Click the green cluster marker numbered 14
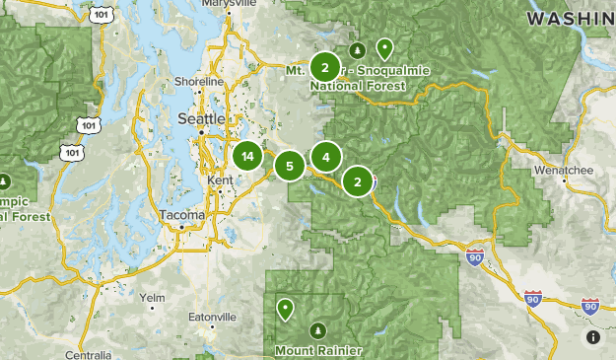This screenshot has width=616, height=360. point(247,156)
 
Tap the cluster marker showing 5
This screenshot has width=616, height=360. point(290,166)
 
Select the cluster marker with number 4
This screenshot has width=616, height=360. point(326,156)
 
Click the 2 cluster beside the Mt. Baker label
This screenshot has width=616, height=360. point(325,67)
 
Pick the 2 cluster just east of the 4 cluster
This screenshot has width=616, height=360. point(357,181)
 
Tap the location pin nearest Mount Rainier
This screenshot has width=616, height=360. point(286,310)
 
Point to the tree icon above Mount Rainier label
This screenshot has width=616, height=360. point(317,329)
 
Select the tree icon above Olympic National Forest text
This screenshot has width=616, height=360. point(5,182)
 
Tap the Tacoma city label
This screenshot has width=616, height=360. point(181,215)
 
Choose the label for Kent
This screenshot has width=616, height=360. point(219,181)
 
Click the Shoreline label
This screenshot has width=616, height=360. point(199,81)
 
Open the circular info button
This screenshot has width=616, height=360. point(593,337)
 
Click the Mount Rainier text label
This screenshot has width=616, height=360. point(317,350)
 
